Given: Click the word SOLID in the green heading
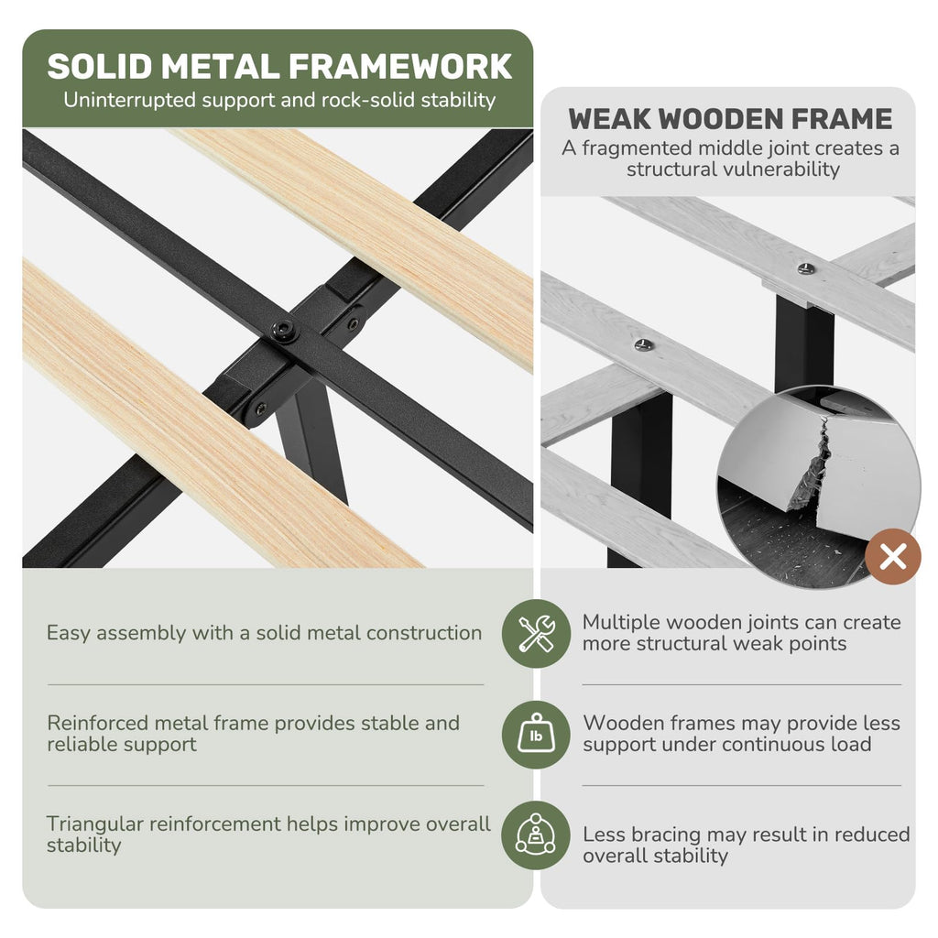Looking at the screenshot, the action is click(x=100, y=66).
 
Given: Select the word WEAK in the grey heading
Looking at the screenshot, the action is click(x=609, y=118).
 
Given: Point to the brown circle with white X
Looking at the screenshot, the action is click(x=893, y=557).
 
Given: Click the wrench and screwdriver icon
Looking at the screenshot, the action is click(x=536, y=634).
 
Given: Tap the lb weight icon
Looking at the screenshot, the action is click(x=536, y=734).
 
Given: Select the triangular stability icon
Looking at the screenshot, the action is click(x=536, y=835).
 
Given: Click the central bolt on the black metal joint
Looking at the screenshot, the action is click(x=283, y=330).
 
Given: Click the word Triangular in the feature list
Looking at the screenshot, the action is click(x=94, y=824).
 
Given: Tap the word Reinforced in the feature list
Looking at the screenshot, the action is click(x=97, y=724).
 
